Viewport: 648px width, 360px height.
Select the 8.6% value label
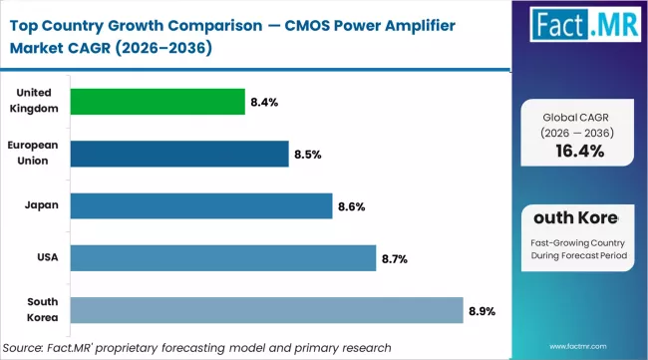(x=350, y=206)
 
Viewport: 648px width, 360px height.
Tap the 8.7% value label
(x=393, y=259)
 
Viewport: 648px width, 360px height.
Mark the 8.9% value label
(x=481, y=312)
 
